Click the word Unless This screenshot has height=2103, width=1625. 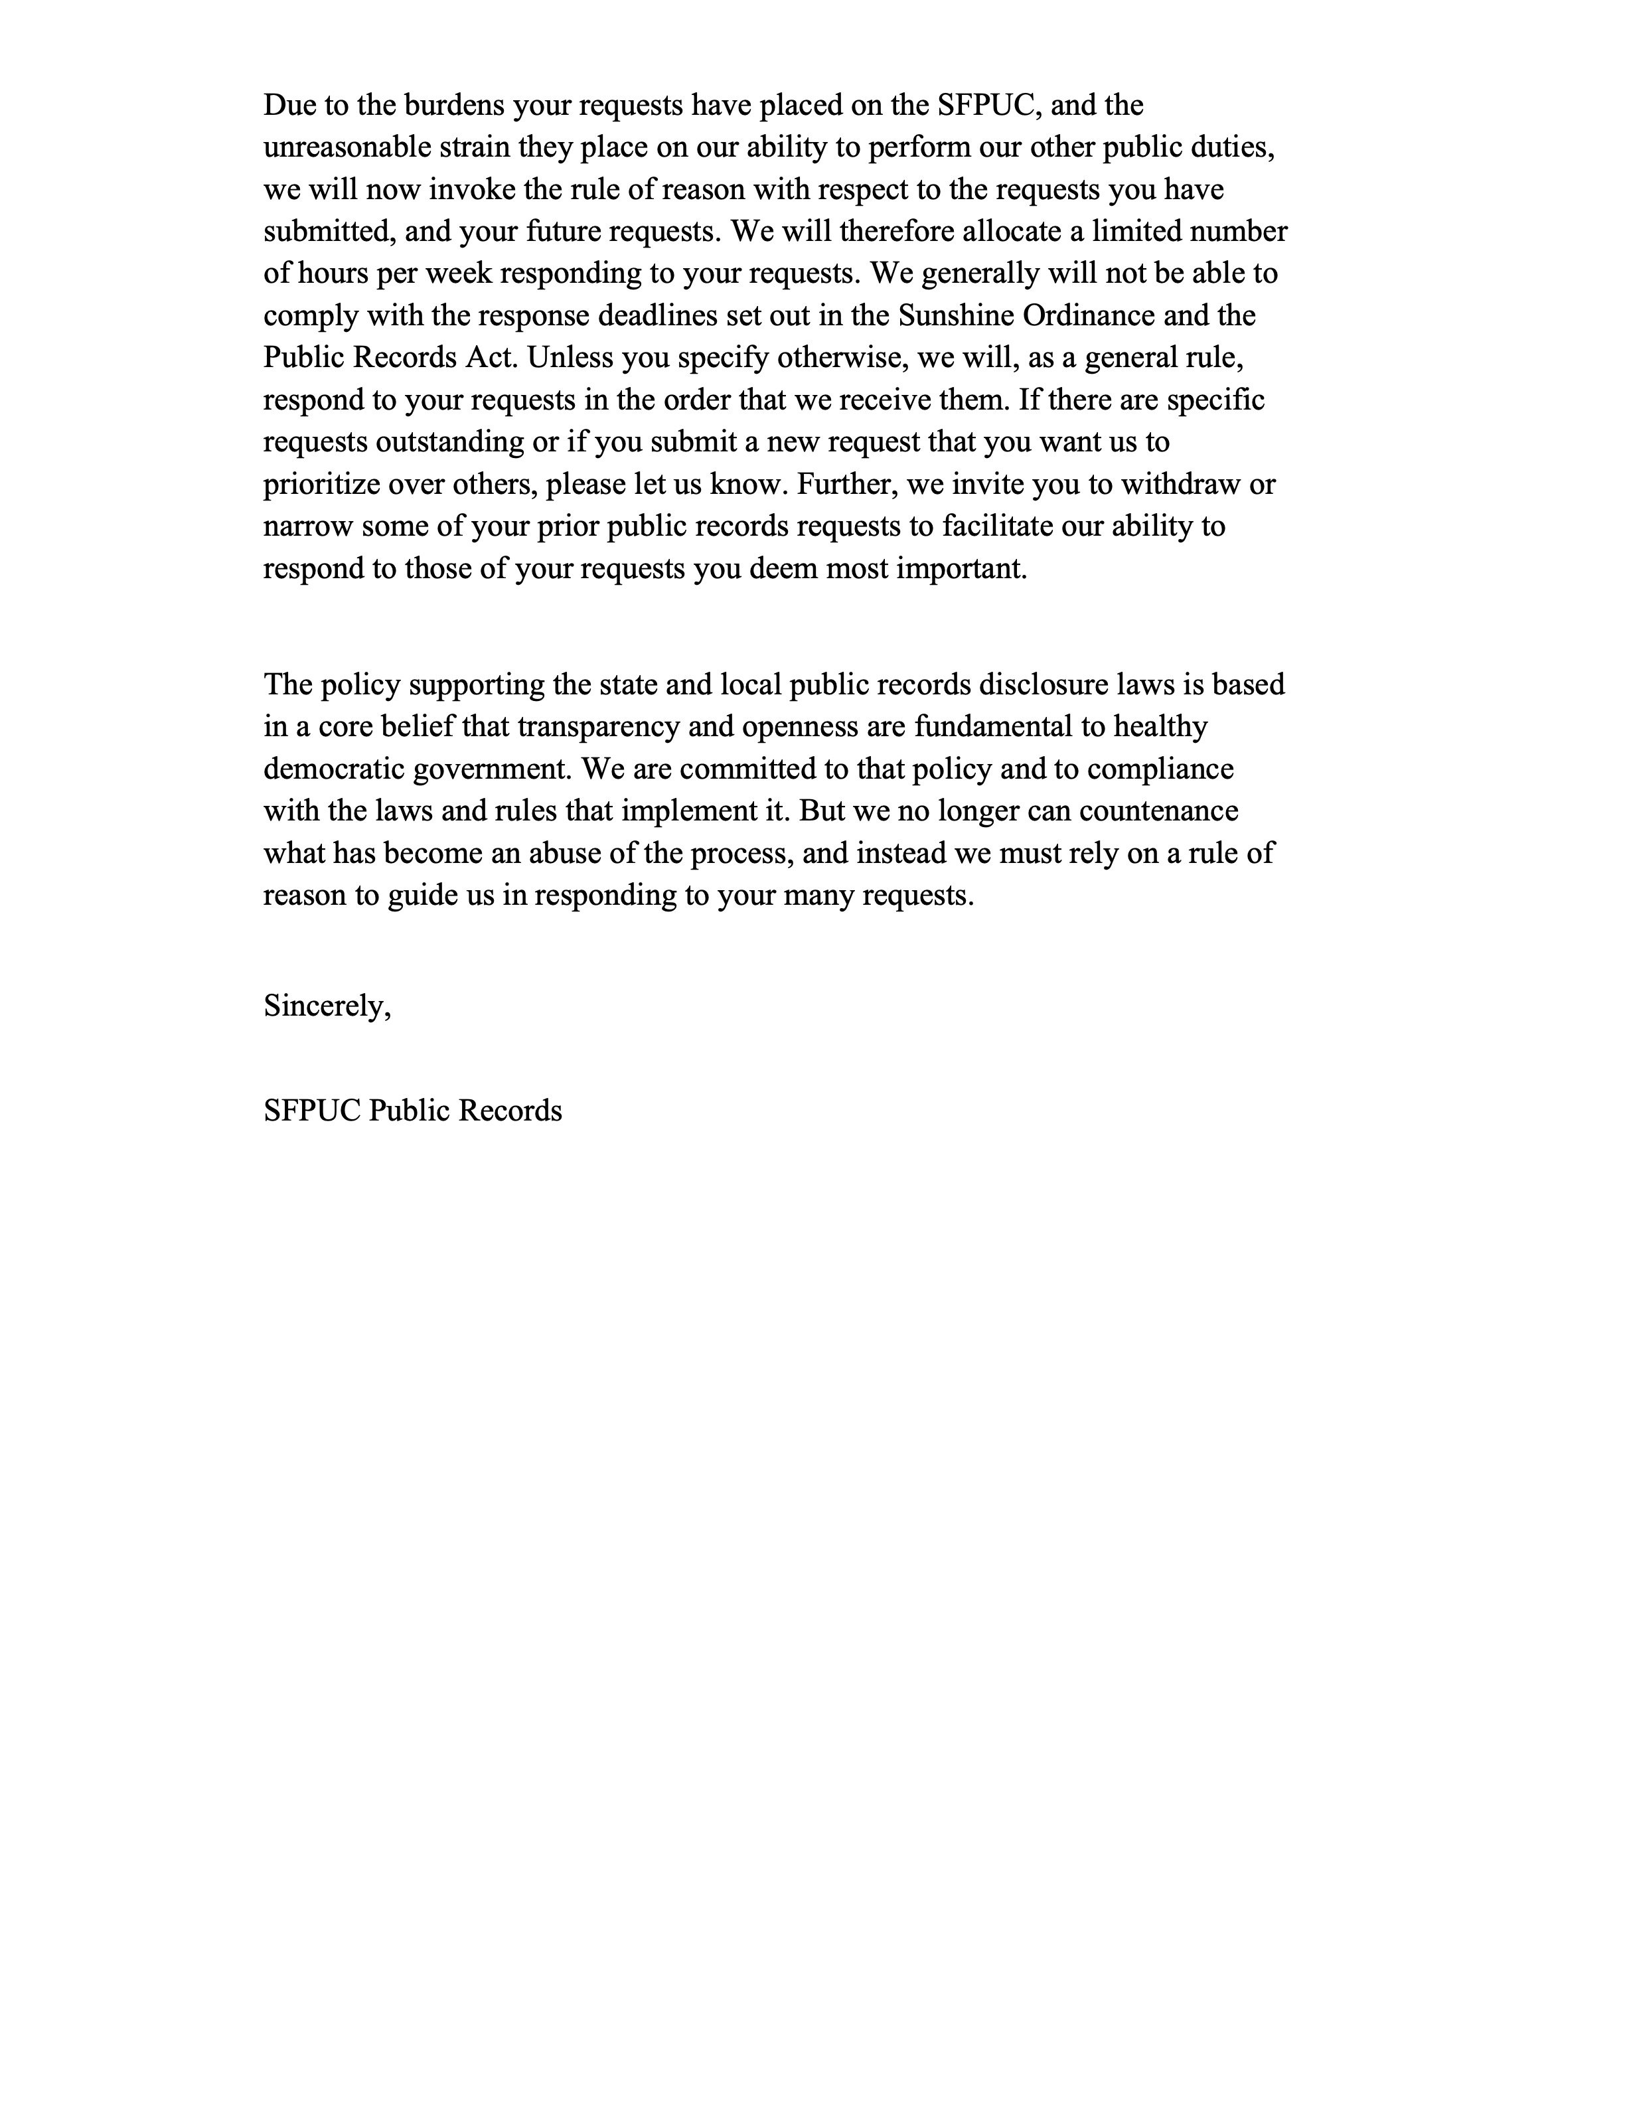click(x=570, y=358)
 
